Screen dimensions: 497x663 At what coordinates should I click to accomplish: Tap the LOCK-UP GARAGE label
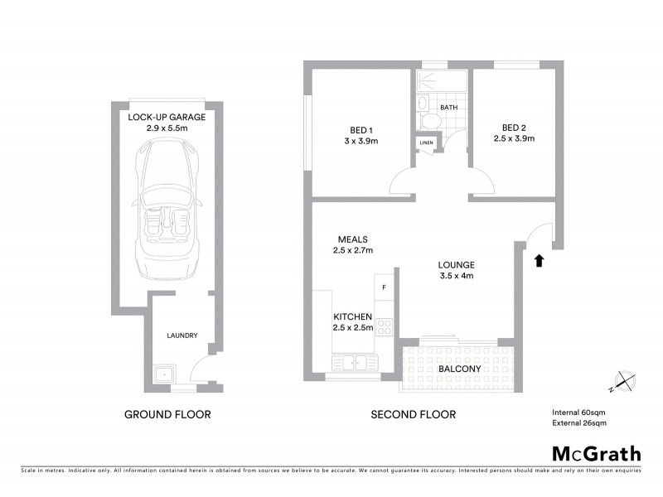[167, 117]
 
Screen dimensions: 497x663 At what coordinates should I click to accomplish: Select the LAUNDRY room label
[181, 335]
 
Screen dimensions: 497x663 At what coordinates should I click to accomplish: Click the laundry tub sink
[164, 375]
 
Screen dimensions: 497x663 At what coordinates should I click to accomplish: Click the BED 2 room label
[514, 128]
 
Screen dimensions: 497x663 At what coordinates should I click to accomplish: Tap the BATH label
[449, 108]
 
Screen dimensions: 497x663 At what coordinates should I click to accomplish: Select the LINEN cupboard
[426, 142]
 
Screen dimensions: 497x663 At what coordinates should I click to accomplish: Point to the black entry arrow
[539, 260]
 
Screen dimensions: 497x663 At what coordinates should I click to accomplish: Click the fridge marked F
[384, 287]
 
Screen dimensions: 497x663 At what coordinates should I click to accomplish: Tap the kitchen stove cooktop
[384, 326]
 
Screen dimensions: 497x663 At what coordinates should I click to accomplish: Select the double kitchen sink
[355, 363]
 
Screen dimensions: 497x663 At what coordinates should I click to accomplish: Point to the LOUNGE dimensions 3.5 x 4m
[456, 276]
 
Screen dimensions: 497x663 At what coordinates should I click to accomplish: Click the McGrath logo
[596, 453]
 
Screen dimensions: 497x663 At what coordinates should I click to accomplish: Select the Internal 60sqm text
[579, 412]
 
